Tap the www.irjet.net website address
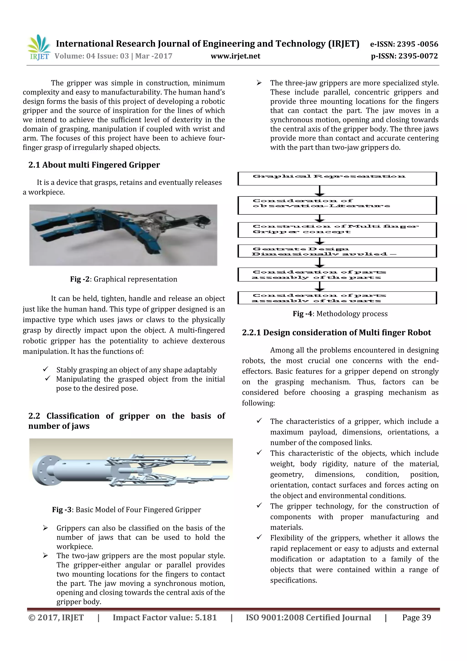pyautogui.click(x=235, y=56)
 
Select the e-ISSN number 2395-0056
pyautogui.click(x=404, y=44)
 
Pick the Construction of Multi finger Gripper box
pyautogui.click(x=337, y=230)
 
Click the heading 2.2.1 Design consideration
pyautogui.click(x=336, y=333)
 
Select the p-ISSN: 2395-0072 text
pyautogui.click(x=404, y=56)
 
